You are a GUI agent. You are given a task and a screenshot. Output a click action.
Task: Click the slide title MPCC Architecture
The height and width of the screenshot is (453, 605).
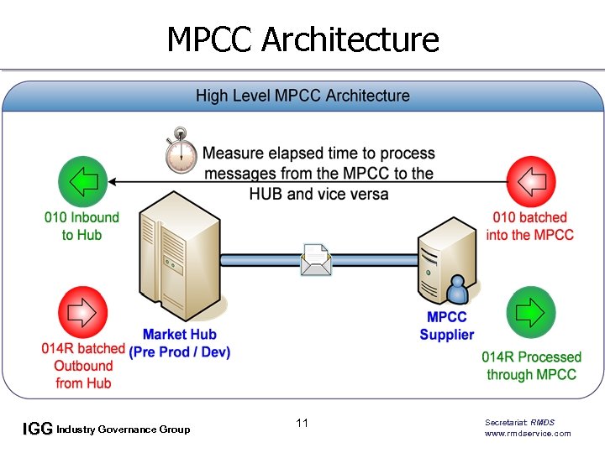302,39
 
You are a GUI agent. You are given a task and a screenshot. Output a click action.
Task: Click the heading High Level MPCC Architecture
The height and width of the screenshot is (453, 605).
302,96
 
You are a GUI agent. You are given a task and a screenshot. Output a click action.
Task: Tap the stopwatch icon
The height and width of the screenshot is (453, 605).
180,151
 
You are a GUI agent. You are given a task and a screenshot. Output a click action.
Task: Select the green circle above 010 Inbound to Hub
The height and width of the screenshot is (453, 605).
83,181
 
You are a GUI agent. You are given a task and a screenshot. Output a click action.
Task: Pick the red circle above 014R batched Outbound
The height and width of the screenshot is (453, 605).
83,313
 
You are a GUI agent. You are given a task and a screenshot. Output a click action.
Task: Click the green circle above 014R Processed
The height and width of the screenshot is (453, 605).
531,312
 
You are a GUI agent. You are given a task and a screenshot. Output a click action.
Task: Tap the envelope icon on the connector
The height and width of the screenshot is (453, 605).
316,259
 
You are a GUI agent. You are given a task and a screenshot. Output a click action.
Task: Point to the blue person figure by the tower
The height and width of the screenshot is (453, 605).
458,290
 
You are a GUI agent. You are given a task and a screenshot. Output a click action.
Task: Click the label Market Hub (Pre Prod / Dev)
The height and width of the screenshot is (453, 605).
180,343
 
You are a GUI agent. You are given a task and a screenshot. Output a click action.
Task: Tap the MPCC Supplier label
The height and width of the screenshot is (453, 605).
447,325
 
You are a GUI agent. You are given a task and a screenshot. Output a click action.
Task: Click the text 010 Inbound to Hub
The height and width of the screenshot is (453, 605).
82,226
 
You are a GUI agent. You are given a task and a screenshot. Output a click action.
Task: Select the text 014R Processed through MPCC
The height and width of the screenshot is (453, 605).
531,366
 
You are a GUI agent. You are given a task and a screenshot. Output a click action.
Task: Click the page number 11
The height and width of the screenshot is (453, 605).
302,423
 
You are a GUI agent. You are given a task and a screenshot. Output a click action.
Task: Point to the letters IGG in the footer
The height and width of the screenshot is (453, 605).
38,430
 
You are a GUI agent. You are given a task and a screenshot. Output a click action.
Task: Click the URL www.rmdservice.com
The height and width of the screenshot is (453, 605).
528,433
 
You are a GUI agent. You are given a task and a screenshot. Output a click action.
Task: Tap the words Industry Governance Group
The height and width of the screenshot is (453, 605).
123,430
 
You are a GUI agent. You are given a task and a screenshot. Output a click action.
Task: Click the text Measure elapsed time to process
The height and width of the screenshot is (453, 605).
318,154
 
